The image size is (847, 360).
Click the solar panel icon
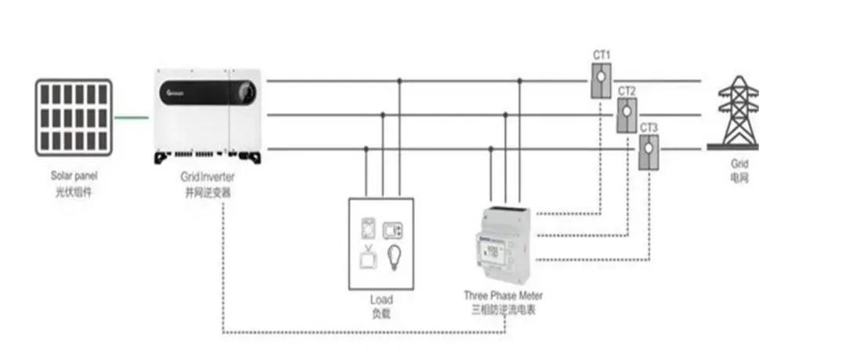[74, 117]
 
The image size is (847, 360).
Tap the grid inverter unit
[208, 114]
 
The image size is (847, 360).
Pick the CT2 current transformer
[626, 115]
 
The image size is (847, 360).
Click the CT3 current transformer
[649, 151]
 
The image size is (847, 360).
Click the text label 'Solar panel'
[74, 177]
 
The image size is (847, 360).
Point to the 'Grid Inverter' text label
[207, 178]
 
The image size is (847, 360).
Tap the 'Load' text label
[381, 300]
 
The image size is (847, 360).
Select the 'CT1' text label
[602, 56]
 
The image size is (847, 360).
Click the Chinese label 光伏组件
[75, 191]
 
